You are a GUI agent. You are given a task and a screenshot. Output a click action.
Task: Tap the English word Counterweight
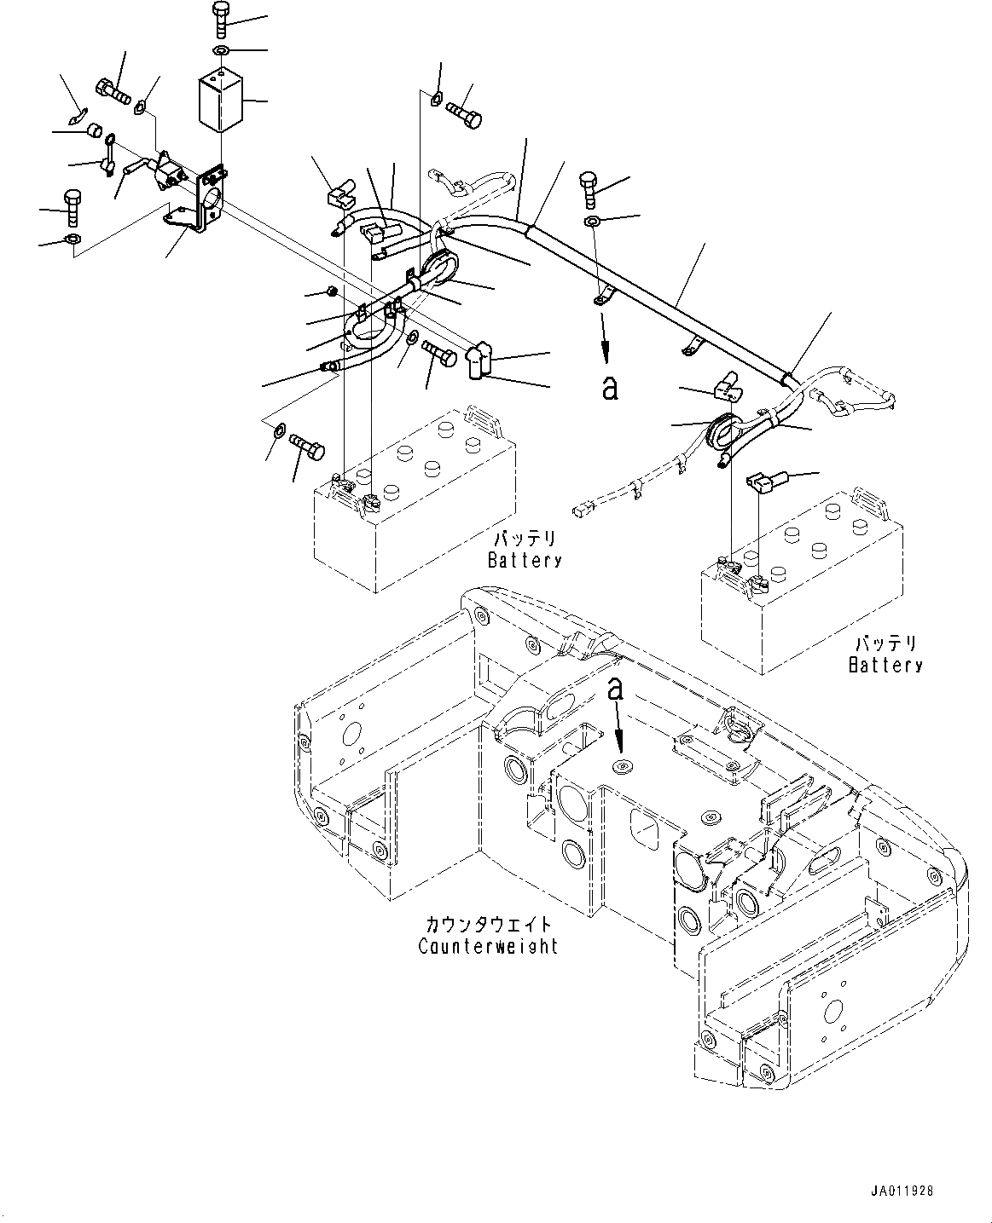click(x=488, y=946)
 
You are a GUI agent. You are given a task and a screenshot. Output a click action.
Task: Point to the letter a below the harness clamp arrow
click(x=609, y=388)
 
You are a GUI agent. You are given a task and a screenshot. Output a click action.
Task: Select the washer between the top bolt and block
click(x=221, y=52)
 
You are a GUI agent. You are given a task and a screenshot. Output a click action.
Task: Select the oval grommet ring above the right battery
click(x=723, y=432)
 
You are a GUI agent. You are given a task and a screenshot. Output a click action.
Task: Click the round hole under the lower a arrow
click(x=621, y=767)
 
